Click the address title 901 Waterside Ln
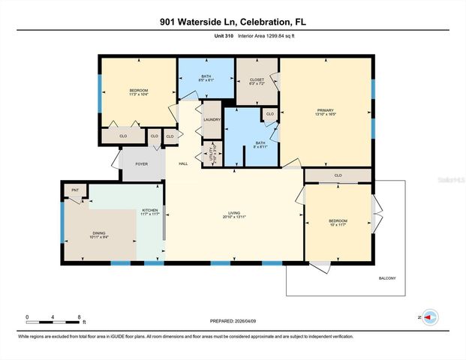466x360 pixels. point(233,22)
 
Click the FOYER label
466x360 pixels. point(141,163)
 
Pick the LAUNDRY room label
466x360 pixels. point(212,119)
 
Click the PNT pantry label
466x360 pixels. point(74,190)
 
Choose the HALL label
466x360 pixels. point(182,163)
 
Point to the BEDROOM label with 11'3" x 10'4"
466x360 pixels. point(138,91)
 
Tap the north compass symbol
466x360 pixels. point(429,317)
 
